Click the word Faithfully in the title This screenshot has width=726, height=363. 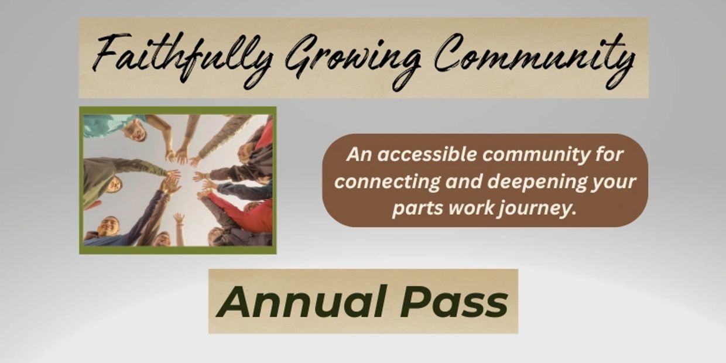[x=181, y=59]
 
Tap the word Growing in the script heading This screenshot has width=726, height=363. [x=353, y=60]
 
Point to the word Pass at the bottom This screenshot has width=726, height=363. [x=454, y=302]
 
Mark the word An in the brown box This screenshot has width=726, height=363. [x=359, y=155]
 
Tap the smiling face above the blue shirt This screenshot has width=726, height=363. [x=109, y=226]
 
